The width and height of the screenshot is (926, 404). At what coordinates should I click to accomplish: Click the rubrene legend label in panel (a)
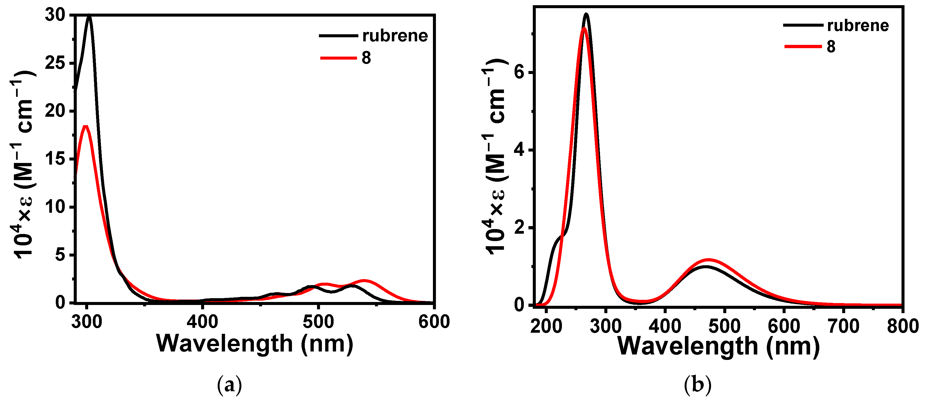point(395,36)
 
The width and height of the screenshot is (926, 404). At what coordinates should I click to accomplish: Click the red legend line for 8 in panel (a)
point(338,58)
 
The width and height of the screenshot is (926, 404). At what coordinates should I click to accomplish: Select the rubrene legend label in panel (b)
point(858,26)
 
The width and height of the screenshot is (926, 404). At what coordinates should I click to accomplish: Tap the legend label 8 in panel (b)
point(831,47)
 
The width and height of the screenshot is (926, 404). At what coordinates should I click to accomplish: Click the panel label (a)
point(230,385)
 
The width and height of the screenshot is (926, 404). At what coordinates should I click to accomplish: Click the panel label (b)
point(697,385)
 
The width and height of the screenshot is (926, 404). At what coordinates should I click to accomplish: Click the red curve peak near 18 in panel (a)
point(85,127)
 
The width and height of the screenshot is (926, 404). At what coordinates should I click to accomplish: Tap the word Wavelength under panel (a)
point(225,344)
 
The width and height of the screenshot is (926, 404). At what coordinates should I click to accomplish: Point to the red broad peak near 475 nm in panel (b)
point(709,260)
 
